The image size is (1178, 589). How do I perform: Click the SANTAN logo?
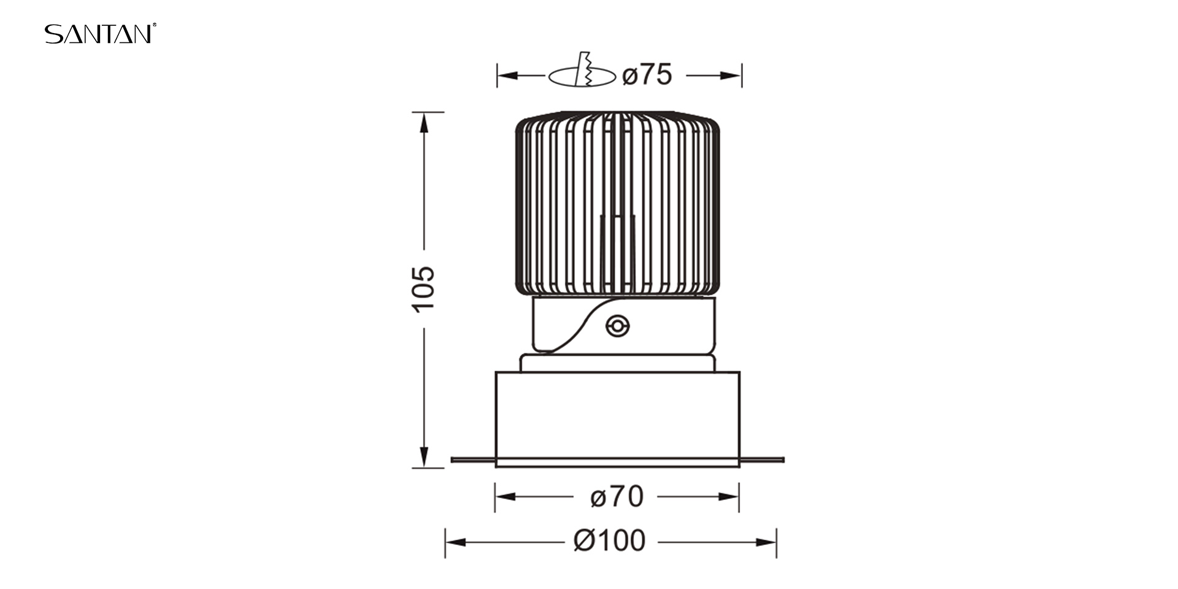[100, 34]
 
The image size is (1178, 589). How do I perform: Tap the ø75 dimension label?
[647, 75]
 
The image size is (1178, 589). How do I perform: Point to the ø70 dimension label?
[617, 496]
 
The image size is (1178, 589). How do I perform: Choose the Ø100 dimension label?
[609, 541]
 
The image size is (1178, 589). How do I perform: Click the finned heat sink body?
[617, 204]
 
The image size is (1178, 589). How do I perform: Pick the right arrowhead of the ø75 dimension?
[731, 75]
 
